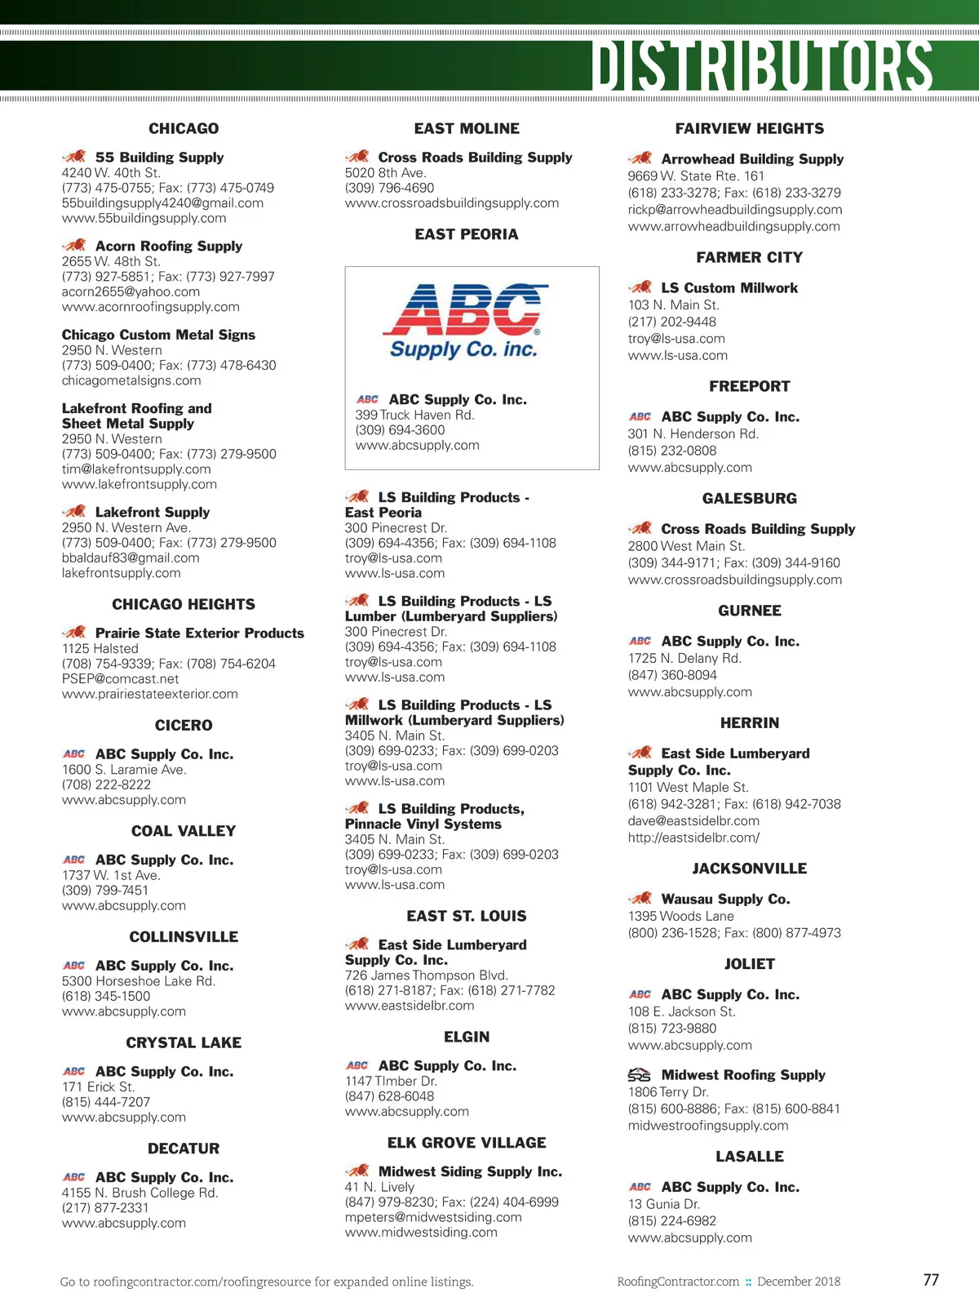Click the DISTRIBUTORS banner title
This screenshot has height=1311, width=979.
click(x=762, y=65)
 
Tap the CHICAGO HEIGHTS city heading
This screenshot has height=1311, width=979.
click(x=184, y=604)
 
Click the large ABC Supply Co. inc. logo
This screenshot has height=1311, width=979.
click(x=465, y=322)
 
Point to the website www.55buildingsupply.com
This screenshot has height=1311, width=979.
click(x=144, y=218)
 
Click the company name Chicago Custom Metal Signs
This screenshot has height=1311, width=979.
click(x=158, y=335)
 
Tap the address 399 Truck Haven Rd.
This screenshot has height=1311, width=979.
click(x=414, y=415)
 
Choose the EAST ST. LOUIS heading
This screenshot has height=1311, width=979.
click(x=467, y=916)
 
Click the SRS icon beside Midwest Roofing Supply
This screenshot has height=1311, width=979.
click(x=640, y=1075)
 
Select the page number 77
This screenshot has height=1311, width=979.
click(x=931, y=1280)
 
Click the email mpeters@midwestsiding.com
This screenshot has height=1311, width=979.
click(x=433, y=1217)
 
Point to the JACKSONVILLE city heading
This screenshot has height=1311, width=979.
click(x=749, y=869)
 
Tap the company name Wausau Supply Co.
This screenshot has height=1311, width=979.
click(x=725, y=899)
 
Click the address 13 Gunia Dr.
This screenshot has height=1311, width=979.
click(x=663, y=1204)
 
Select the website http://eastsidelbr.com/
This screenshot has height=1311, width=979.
click(x=693, y=838)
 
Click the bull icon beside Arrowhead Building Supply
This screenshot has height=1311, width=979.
click(x=640, y=158)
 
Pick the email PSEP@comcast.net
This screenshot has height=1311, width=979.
click(x=120, y=678)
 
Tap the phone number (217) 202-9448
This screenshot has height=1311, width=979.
click(x=671, y=322)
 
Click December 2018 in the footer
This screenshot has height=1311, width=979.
click(x=798, y=1282)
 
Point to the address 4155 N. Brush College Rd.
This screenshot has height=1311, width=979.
click(x=140, y=1193)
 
